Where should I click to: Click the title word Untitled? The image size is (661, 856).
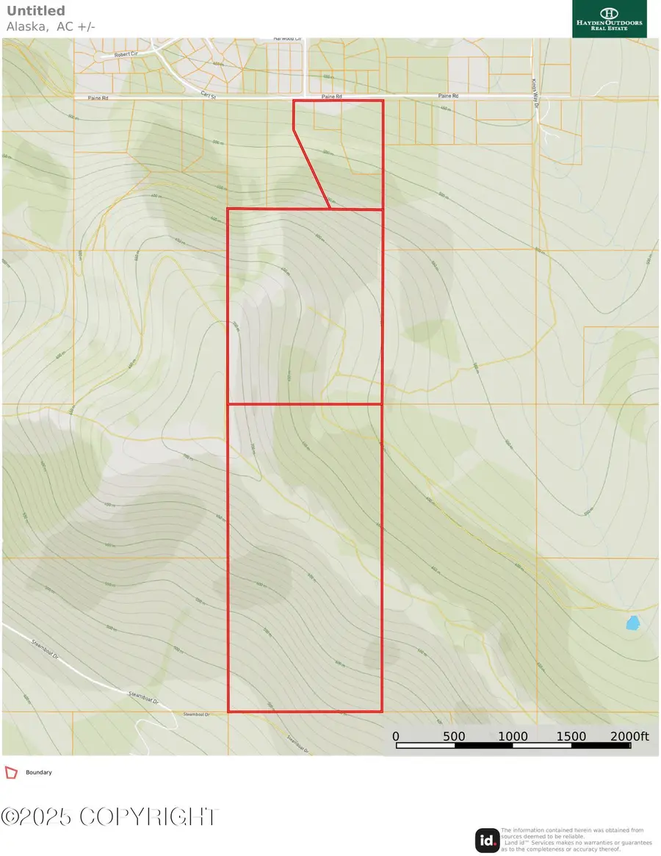pos(35,11)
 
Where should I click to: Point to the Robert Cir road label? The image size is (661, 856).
pos(116,55)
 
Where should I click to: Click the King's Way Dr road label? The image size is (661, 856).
pos(534,85)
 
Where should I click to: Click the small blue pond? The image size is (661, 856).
pos(632,623)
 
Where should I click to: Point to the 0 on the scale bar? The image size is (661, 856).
pos(395,736)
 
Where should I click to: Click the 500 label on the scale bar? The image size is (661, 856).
pos(454,736)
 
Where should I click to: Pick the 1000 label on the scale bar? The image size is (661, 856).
pos(513,736)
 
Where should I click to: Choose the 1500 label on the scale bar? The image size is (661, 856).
pos(571,736)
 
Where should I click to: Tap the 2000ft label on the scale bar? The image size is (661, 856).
pos(630,736)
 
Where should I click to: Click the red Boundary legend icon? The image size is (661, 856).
pos(11,772)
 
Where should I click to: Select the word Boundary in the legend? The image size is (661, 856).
pos(39,772)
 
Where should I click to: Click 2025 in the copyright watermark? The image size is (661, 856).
pos(49,817)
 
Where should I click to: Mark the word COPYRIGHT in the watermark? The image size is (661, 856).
pos(149,817)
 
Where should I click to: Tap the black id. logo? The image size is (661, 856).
pos(486,840)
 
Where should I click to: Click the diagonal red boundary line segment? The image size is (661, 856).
pos(311,169)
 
